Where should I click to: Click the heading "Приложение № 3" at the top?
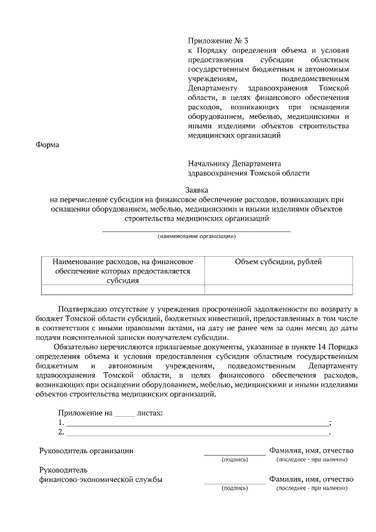(x=219, y=41)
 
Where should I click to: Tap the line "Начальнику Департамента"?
(x=234, y=163)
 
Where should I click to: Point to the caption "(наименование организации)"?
(x=197, y=236)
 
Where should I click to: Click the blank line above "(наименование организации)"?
(x=197, y=230)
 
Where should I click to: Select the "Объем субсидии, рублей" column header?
(x=278, y=262)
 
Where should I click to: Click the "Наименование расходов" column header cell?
(x=123, y=270)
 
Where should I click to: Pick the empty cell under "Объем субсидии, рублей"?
(x=278, y=289)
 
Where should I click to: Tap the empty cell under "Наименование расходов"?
(x=123, y=289)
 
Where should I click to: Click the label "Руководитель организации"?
(x=86, y=451)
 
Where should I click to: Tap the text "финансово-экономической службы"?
(x=100, y=480)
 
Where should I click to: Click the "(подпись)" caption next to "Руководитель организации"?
(x=234, y=460)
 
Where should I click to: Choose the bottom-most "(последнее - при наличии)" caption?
(x=312, y=488)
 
